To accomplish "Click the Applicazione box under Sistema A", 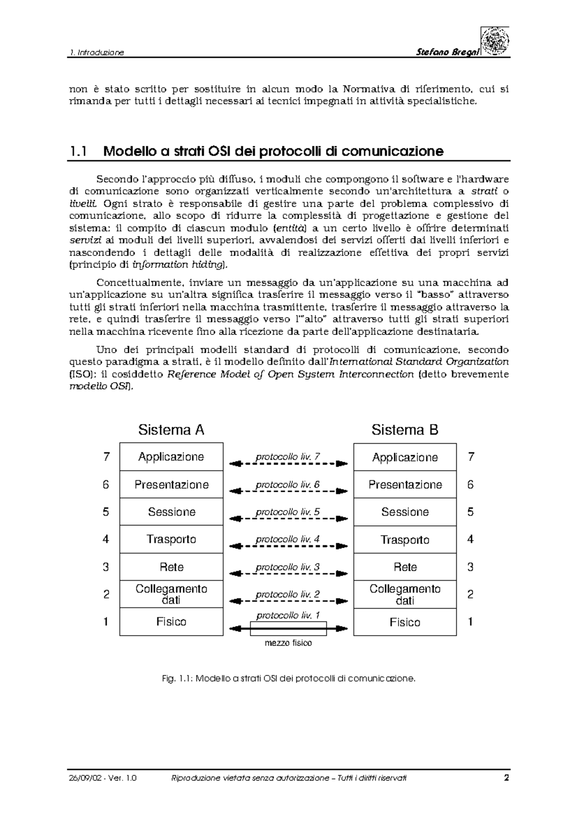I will (171, 457).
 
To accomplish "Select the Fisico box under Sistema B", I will (405, 622).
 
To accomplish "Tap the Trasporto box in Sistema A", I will (171, 539).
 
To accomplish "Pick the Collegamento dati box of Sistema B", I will (405, 595).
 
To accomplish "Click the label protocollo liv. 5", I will (288, 512).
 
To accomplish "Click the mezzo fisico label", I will (288, 643).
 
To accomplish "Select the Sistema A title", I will (171, 430).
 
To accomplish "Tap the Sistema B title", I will (405, 430).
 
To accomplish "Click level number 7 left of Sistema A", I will (106, 457).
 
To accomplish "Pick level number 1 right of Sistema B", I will (470, 622).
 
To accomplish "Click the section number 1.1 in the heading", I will (78, 152).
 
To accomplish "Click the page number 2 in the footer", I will (506, 778).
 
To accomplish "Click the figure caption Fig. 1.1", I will (288, 678).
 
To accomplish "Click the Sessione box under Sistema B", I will (405, 512).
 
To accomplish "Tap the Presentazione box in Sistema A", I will (171, 485).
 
